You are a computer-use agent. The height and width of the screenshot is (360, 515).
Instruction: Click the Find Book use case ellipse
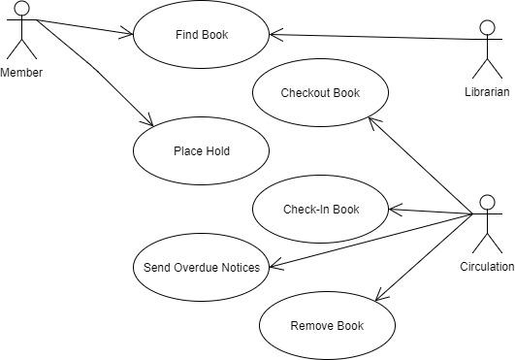[x=201, y=35]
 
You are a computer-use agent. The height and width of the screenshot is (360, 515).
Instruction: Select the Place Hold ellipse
[x=201, y=150]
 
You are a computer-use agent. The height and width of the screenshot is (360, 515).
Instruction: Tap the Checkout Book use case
[x=320, y=93]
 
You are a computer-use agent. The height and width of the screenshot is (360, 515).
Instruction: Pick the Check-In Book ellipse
[x=320, y=209]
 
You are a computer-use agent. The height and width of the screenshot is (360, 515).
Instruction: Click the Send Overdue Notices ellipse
[x=201, y=266]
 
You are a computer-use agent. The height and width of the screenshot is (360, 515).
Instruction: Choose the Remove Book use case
[x=327, y=324]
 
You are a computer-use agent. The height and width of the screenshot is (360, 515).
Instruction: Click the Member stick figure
[x=20, y=33]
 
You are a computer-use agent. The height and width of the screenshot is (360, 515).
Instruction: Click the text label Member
[x=21, y=73]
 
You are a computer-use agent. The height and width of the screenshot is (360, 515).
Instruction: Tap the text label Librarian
[x=487, y=92]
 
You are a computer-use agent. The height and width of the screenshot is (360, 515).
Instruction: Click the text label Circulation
[x=487, y=266]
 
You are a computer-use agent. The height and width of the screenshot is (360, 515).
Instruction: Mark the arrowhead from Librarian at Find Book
[x=274, y=35]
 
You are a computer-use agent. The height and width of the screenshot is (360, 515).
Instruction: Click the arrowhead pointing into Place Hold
[x=149, y=122]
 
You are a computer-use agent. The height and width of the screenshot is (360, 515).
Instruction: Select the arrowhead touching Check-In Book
[x=393, y=209]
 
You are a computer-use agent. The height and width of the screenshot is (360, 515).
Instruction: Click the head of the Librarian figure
[x=487, y=28]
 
